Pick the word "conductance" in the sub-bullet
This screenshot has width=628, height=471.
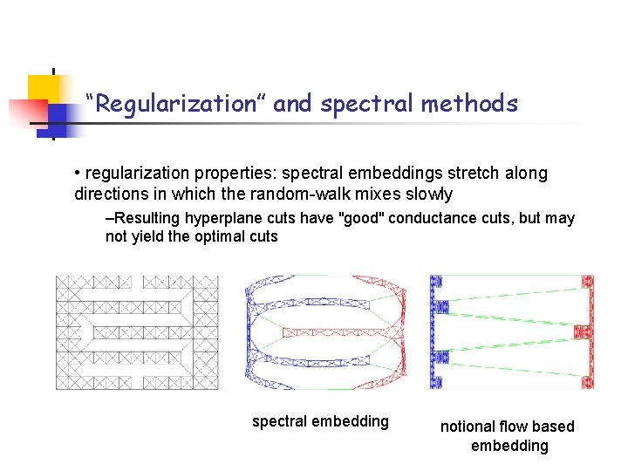point(430,218)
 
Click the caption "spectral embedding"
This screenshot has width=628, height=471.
point(320,422)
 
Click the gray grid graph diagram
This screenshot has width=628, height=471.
point(137,332)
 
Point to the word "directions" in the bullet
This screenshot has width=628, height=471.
point(111,194)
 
